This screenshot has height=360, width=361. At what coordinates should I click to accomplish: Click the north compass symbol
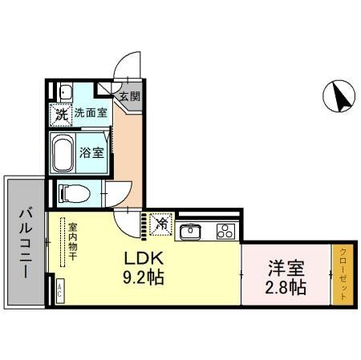339,98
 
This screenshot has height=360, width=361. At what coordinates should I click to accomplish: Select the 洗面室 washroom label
91,113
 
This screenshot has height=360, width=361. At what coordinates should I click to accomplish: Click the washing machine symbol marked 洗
62,114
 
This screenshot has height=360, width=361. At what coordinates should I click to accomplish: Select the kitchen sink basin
191,233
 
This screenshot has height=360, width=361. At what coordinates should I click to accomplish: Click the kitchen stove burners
225,233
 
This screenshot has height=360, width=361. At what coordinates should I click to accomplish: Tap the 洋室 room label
286,266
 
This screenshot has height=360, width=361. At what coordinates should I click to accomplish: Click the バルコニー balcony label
24,241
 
